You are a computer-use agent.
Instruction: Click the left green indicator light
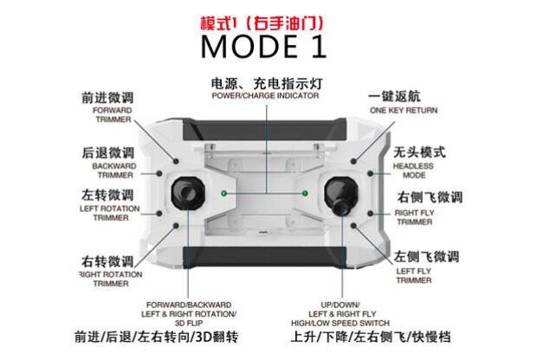click(x=223, y=192)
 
